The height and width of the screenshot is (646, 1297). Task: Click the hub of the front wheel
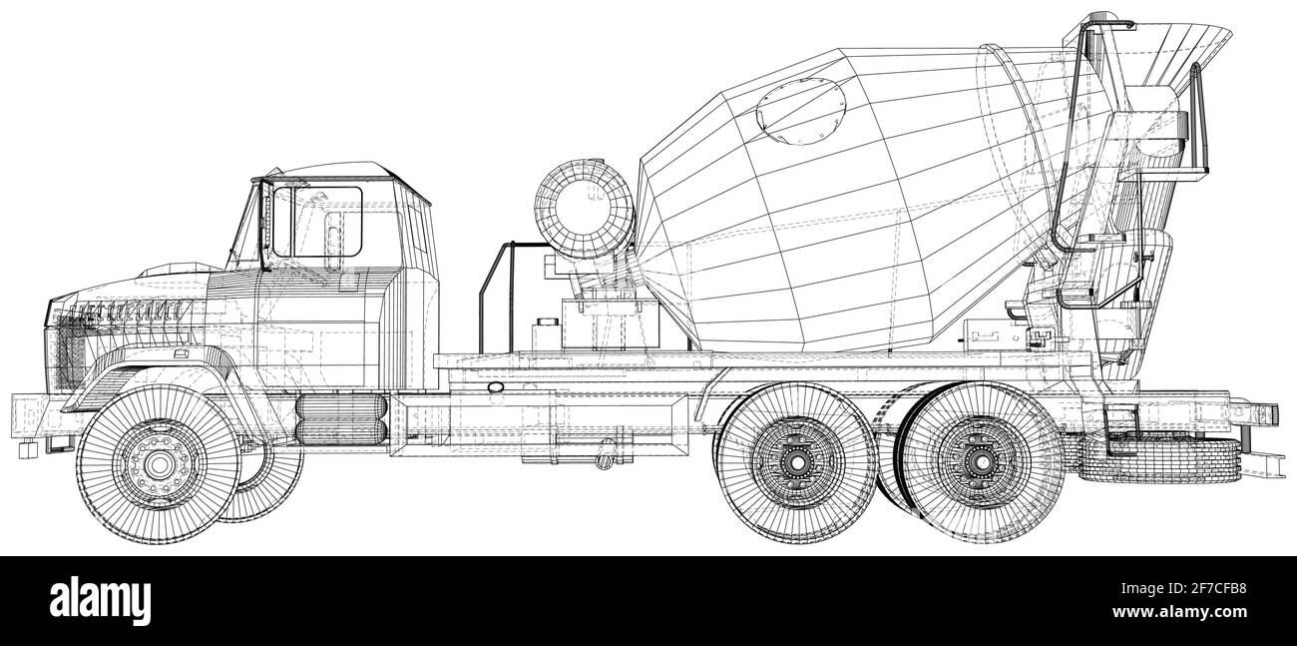pyautogui.click(x=158, y=464)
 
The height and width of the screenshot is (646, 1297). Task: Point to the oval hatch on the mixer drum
pyautogui.click(x=800, y=108)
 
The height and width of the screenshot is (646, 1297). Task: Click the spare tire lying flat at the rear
pyautogui.click(x=1157, y=459)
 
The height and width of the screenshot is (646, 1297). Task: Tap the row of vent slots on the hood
pyautogui.click(x=110, y=310)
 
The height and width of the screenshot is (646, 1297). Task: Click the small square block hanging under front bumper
pyautogui.click(x=27, y=450)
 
